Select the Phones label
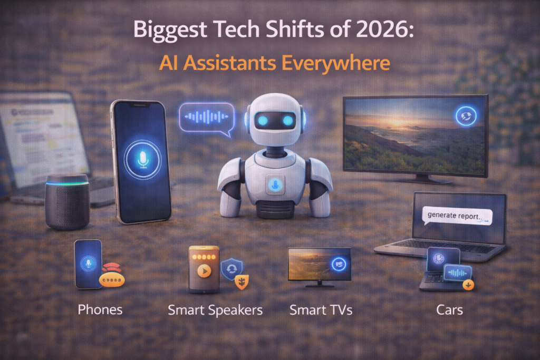point(100,309)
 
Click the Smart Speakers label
point(215,310)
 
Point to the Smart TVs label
point(321,310)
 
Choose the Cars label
point(449,309)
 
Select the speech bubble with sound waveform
point(206,116)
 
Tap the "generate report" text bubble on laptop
point(457,215)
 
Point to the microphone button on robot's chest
point(274,184)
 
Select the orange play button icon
point(204,271)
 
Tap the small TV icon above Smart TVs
point(319,265)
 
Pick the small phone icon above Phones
point(88,264)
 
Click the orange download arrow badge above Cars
point(468,285)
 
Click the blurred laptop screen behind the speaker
point(42,137)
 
